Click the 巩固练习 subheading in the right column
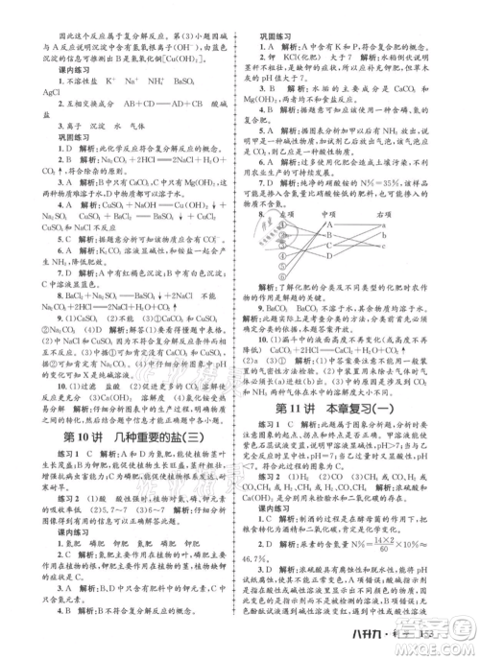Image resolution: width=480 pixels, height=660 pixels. (280, 35)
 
